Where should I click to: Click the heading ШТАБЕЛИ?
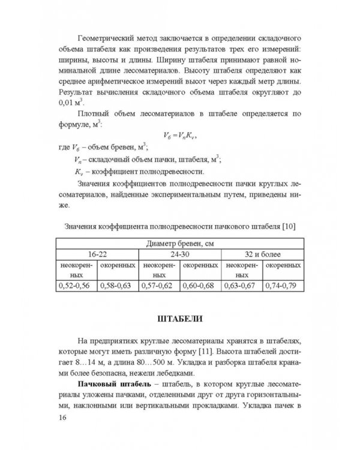click(x=180, y=317)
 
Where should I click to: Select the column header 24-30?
click(x=180, y=254)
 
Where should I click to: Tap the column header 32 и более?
click(x=262, y=254)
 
